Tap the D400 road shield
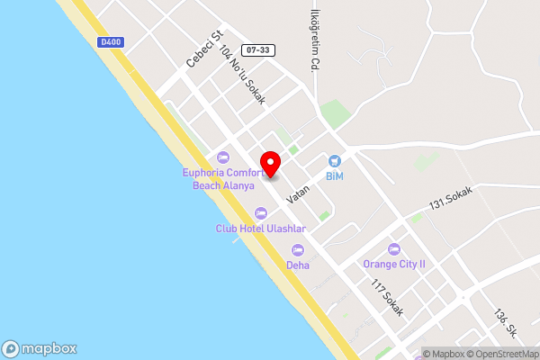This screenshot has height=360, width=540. pyautogui.click(x=112, y=41)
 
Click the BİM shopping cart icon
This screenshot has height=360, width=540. pyautogui.click(x=334, y=159)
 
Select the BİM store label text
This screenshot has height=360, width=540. pyautogui.click(x=335, y=175)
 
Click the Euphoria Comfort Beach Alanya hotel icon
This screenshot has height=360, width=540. pyautogui.click(x=223, y=157)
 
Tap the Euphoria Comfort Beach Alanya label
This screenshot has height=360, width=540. pyautogui.click(x=223, y=179)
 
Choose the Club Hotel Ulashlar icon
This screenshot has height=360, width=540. pyautogui.click(x=261, y=212)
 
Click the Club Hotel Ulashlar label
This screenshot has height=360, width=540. pyautogui.click(x=262, y=229)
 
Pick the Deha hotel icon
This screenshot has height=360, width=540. pyautogui.click(x=298, y=249)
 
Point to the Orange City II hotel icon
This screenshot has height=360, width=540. pyautogui.click(x=393, y=248)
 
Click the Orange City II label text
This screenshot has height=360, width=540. pyautogui.click(x=393, y=265)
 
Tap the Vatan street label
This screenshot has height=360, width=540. pyautogui.click(x=298, y=191)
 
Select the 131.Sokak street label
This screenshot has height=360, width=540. pyautogui.click(x=450, y=199)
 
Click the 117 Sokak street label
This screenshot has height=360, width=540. pyautogui.click(x=387, y=297)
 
